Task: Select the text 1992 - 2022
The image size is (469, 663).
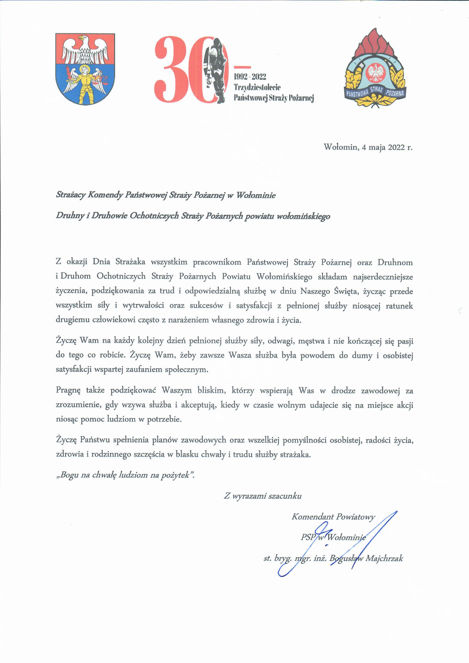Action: click(x=250, y=77)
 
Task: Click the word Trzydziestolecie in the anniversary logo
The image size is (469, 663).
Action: click(x=257, y=87)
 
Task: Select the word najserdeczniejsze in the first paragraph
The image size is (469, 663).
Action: click(x=383, y=277)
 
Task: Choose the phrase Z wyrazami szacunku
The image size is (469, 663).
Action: click(x=263, y=496)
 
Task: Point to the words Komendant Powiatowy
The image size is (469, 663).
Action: click(x=333, y=517)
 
